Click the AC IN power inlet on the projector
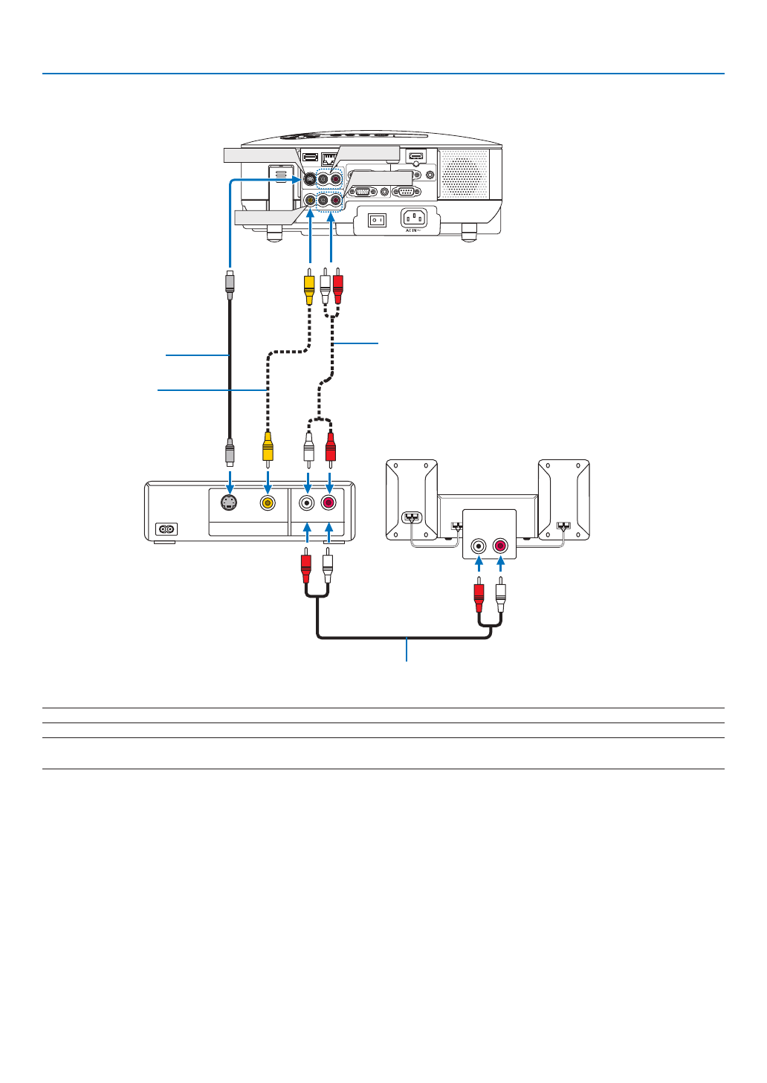pos(414,219)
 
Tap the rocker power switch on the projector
pos(378,221)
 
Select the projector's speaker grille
pos(464,174)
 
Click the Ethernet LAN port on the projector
pos(329,158)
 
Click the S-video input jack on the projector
pos(309,179)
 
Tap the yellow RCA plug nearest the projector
pos(309,287)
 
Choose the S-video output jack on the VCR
pos(230,502)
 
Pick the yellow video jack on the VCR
pos(268,502)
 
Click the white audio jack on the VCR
pos(307,502)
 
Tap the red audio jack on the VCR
pos(329,502)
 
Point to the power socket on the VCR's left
pos(166,529)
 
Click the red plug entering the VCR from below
pos(305,567)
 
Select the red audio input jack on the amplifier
pos(500,547)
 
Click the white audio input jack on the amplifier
pos(479,547)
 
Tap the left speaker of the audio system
pos(411,500)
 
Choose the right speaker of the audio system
pos(564,500)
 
